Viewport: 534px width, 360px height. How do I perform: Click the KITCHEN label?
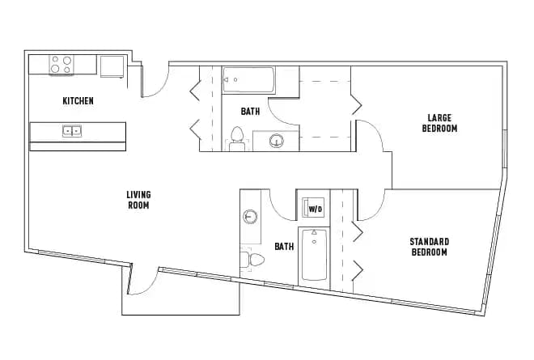pos(78,101)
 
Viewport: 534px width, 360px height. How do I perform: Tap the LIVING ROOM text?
pos(138,200)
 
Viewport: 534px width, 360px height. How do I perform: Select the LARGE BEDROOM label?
pos(442,123)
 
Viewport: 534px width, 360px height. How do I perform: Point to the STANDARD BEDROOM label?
pos(429,247)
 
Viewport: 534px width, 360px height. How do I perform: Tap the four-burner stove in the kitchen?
pos(61,65)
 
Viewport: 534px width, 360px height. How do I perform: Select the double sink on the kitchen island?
pos(72,130)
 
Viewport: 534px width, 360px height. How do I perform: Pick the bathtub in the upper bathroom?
pos(249,80)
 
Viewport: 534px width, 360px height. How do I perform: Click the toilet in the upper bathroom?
pos(237,138)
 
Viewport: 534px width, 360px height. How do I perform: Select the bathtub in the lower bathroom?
pos(314,255)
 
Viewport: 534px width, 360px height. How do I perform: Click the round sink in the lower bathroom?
pos(250,217)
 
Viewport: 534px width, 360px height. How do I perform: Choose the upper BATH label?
pos(250,112)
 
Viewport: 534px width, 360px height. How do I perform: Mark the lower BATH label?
pos(283,247)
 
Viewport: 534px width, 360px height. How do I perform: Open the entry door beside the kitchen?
pos(155,81)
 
